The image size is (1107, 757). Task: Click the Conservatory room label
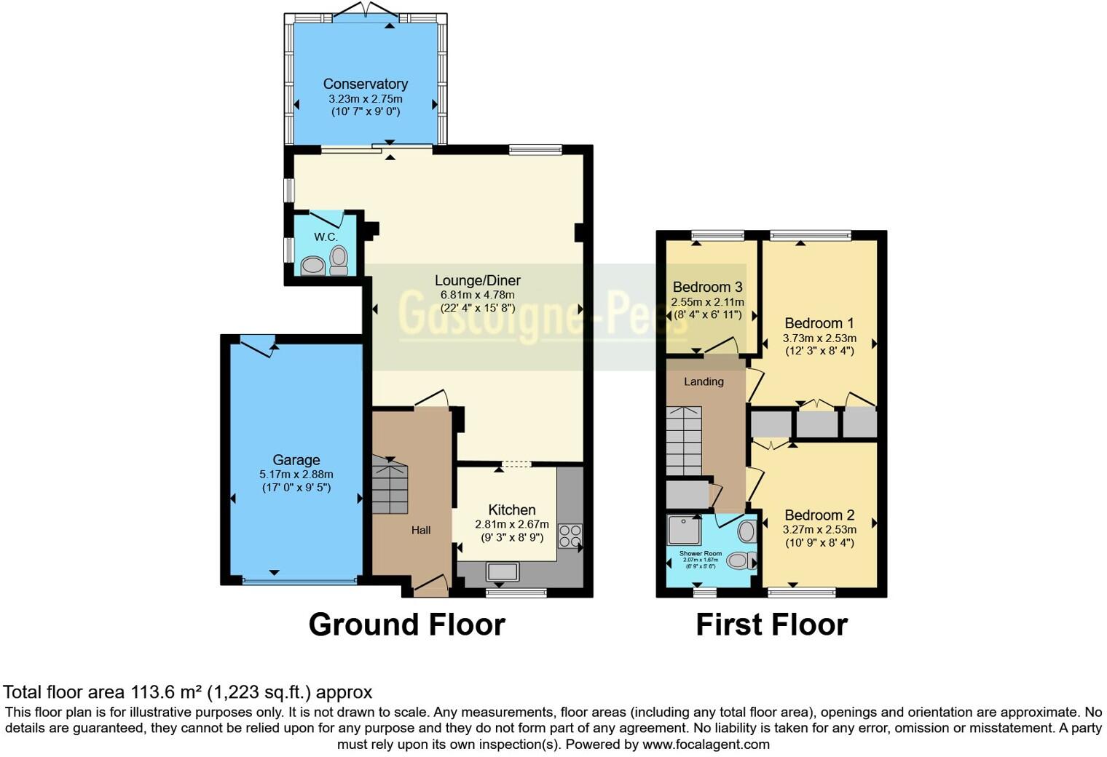pyautogui.click(x=365, y=84)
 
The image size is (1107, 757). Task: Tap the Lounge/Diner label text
pyautogui.click(x=477, y=280)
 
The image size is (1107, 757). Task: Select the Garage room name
pyautogui.click(x=296, y=460)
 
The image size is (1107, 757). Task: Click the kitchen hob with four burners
pyautogui.click(x=570, y=536)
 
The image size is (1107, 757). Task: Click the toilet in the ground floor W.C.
pyautogui.click(x=339, y=259)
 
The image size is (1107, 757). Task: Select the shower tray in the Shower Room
pyautogui.click(x=683, y=531)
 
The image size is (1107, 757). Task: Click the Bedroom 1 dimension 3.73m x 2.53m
pyautogui.click(x=819, y=338)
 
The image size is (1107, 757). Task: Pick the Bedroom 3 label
pyautogui.click(x=707, y=287)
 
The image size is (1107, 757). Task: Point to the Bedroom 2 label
pyautogui.click(x=819, y=515)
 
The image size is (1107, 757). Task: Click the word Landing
pyautogui.click(x=704, y=381)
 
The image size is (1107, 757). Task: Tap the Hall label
pyautogui.click(x=421, y=530)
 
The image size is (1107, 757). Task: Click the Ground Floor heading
pyautogui.click(x=406, y=625)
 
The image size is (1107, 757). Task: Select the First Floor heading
pyautogui.click(x=771, y=625)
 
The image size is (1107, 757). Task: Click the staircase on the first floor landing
pyautogui.click(x=683, y=440)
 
